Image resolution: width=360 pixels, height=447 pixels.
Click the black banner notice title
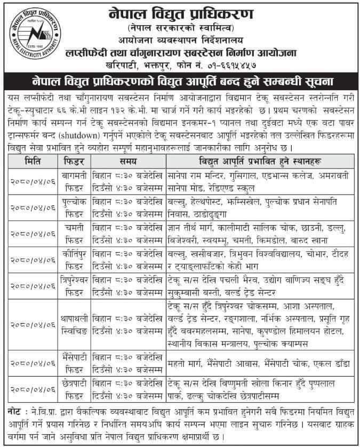[x=180, y=82]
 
